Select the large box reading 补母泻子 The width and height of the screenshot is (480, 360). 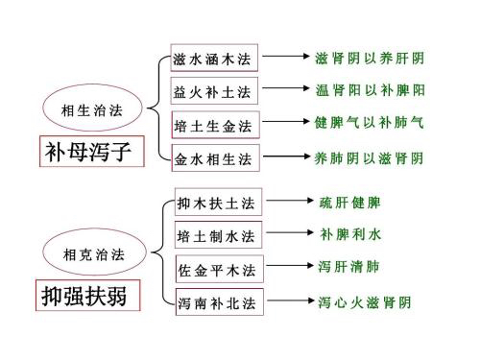(x=86, y=152)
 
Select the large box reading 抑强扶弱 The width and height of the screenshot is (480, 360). (x=85, y=294)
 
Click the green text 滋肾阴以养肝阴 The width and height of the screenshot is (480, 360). (x=370, y=58)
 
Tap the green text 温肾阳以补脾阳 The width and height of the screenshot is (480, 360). (x=370, y=91)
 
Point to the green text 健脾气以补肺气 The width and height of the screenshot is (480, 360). (x=370, y=124)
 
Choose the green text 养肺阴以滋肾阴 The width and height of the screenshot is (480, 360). (x=370, y=156)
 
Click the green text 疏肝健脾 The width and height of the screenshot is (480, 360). (x=350, y=203)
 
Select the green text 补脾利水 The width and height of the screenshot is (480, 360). (x=350, y=234)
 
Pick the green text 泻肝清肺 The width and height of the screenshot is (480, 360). (x=350, y=266)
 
